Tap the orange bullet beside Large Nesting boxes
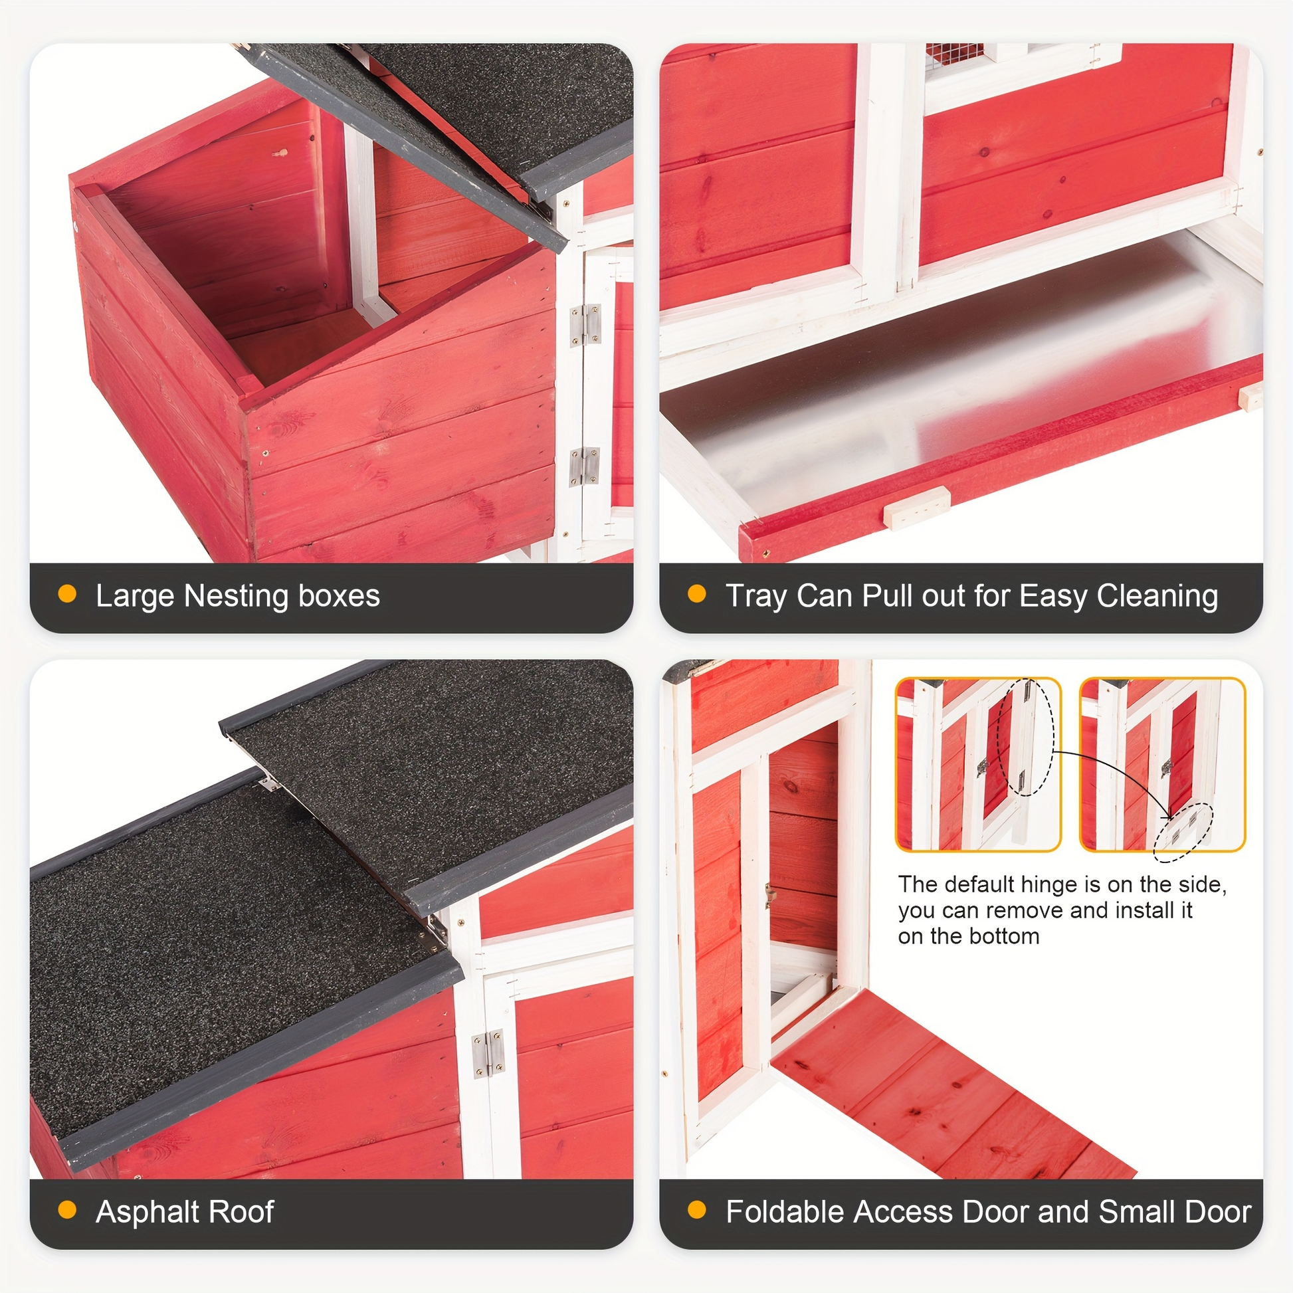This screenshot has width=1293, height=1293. pos(68,594)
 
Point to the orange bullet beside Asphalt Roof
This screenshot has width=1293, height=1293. pos(68,1210)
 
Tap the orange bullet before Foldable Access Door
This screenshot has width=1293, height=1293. pos(697,1210)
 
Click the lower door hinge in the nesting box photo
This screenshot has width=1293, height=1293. pos(584,466)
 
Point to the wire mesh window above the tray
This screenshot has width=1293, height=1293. pos(954,56)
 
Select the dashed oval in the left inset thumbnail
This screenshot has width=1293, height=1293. pos(1025,737)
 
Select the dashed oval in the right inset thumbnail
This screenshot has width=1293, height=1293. pos(1183,833)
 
